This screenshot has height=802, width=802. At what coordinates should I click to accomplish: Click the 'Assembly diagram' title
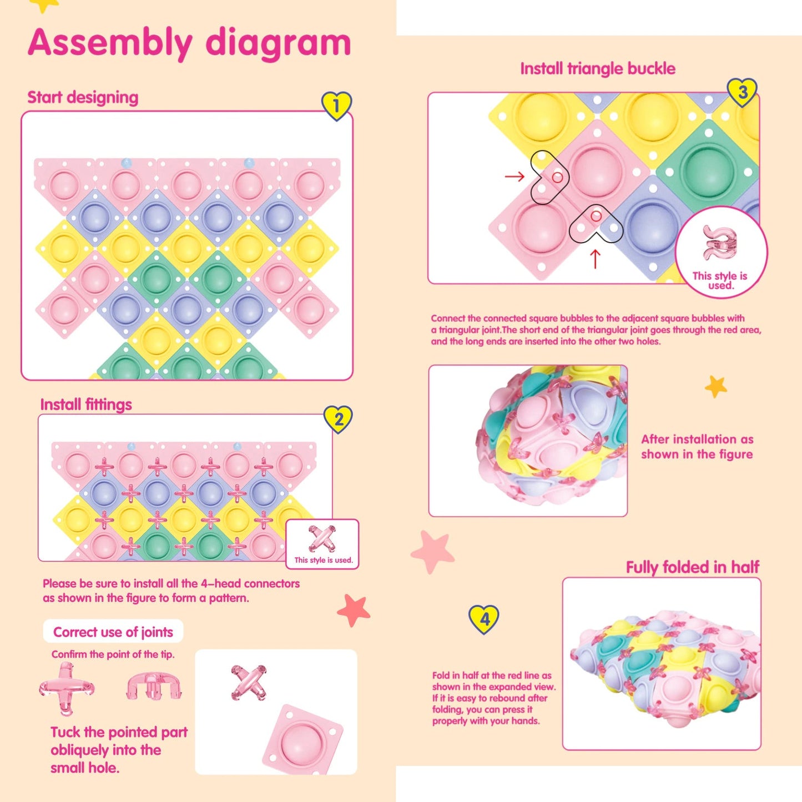pos(189,43)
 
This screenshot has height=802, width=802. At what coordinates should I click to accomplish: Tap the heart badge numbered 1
pos(336,105)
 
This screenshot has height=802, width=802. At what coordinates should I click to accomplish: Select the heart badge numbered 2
pos(338,419)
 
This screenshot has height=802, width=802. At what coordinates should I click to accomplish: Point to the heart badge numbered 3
pos(743,92)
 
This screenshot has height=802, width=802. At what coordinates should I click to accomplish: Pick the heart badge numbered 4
pos(484,619)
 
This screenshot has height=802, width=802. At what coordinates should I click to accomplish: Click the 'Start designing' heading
pos(83,97)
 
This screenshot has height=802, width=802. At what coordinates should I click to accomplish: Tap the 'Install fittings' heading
pos(86,404)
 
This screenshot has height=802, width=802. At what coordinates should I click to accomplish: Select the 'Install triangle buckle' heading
pos(598,69)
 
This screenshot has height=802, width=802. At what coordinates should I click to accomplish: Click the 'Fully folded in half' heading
pos(692,567)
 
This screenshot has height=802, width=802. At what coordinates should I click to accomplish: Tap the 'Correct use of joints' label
pos(113,632)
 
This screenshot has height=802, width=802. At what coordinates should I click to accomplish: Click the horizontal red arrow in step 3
pos(515,176)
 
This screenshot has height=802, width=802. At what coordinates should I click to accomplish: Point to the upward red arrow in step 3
pos(595,259)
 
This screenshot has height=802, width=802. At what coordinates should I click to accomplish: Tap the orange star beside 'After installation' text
pos(715,386)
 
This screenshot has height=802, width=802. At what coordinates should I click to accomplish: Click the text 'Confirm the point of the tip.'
pos(113,654)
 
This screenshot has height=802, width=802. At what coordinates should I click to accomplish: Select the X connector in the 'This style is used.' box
pos(322,538)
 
